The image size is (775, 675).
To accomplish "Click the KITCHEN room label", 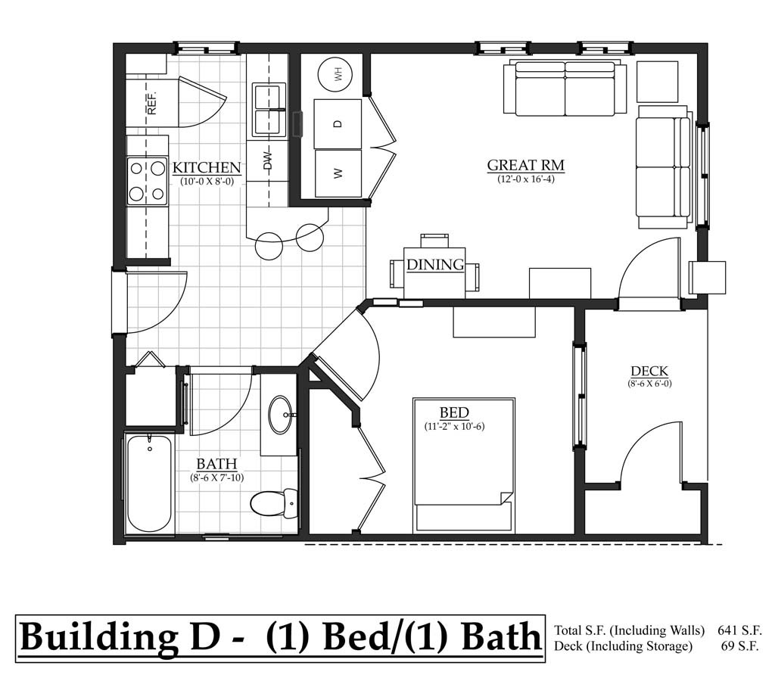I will coord(207,168).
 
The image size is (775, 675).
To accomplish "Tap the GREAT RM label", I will coord(525,165).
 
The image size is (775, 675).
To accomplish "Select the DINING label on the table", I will coord(435,265).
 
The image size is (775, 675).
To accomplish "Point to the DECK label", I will coord(649,371).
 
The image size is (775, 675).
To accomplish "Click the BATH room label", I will coord(216,464).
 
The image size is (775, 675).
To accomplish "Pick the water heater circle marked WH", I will coord(338,74).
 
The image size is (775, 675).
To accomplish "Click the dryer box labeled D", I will coord(338,123).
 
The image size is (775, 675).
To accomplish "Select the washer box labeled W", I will coord(338,173).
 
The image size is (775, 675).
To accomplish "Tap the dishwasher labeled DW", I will coord(267,161).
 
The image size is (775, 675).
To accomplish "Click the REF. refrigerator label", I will coord(151,103).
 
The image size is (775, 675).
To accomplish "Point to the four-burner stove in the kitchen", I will coord(147,181).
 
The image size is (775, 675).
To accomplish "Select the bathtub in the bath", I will coord(148,484).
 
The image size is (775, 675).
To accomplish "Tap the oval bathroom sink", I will coord(281,415).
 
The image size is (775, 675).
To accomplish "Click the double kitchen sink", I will coord(269,110).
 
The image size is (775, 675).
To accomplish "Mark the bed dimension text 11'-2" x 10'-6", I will coord(454,427).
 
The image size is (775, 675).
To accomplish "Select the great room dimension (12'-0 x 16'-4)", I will coord(525,179).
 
